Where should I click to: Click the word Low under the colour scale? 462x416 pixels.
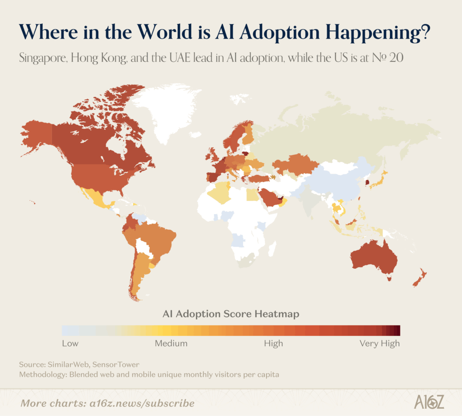coord(70,343)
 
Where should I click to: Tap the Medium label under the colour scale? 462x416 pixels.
coord(171,343)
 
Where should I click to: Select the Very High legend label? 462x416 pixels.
coord(379,343)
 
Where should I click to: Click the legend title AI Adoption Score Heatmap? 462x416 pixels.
coord(231,314)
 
